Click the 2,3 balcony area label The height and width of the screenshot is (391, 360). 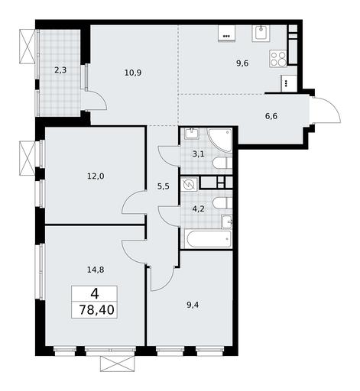tap(60, 69)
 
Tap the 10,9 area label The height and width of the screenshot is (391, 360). tap(133, 73)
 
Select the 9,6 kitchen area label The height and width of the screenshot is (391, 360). tap(242, 63)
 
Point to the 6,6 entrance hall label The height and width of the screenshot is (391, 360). tap(271, 116)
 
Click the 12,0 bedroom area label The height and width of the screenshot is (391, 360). tap(96, 176)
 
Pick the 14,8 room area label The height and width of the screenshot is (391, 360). tap(96, 270)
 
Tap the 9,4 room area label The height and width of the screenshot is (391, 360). tap(193, 305)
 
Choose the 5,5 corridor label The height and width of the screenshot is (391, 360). tap(164, 186)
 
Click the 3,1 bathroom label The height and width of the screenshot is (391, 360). tap(198, 153)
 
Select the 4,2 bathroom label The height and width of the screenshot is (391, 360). tap(198, 209)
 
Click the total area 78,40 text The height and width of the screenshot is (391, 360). tap(96, 310)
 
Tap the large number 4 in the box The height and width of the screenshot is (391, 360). tap(95, 294)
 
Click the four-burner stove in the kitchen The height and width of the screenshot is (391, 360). tap(278, 59)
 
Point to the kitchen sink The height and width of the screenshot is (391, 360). tap(261, 34)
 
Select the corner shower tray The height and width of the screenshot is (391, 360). tap(219, 141)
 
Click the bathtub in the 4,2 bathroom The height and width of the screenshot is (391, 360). tap(208, 239)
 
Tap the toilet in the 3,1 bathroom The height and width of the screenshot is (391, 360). tap(222, 163)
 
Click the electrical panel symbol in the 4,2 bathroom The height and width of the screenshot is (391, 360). tap(190, 184)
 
